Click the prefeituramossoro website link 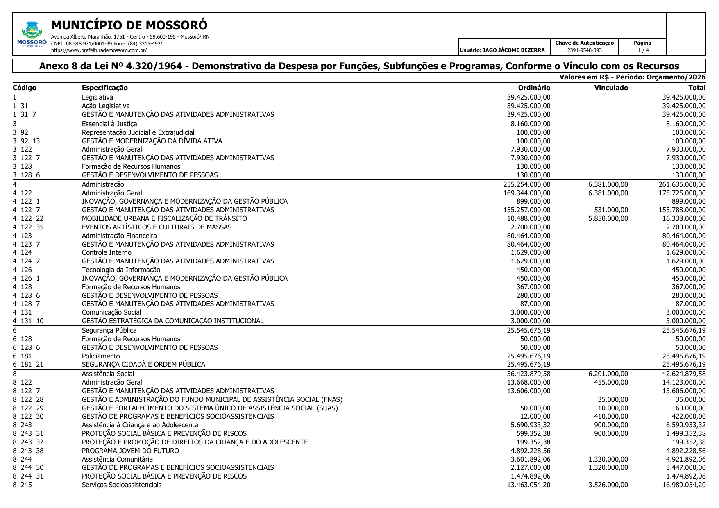pos(99,50)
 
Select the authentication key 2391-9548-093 pos(584,50)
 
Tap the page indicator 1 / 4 pos(643,50)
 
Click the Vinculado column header pos(611,88)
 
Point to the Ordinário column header pos(534,88)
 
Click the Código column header pos(25,88)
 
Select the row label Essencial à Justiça pos(109,124)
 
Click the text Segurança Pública pos(109,330)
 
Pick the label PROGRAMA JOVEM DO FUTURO pos(130,451)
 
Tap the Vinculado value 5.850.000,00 pos(608,218)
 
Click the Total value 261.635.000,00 pos(682,184)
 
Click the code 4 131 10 pos(28,321)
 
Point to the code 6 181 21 pos(28,364)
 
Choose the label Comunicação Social pos(111,312)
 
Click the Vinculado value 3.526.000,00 pos(608,485)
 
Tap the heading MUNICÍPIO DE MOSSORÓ pos(129,25)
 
